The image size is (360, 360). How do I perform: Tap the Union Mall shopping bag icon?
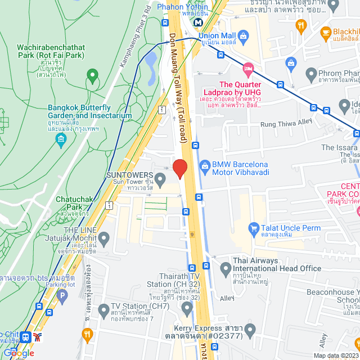(x=243, y=38)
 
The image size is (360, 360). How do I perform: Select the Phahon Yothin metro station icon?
(x=198, y=22)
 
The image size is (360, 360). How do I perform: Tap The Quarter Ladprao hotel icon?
(x=248, y=70)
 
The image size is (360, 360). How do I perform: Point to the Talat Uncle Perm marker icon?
(x=252, y=228)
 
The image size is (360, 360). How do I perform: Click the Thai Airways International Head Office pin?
(x=226, y=268)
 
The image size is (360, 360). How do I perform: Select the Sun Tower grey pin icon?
(x=160, y=181)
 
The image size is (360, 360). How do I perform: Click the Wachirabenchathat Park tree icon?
(x=91, y=74)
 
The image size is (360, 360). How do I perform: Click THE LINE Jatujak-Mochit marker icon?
(x=103, y=237)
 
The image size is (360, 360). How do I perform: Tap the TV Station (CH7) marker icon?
(x=103, y=310)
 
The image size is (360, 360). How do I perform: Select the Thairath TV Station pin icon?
(x=187, y=307)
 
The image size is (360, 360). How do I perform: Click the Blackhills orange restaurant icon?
(x=326, y=32)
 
